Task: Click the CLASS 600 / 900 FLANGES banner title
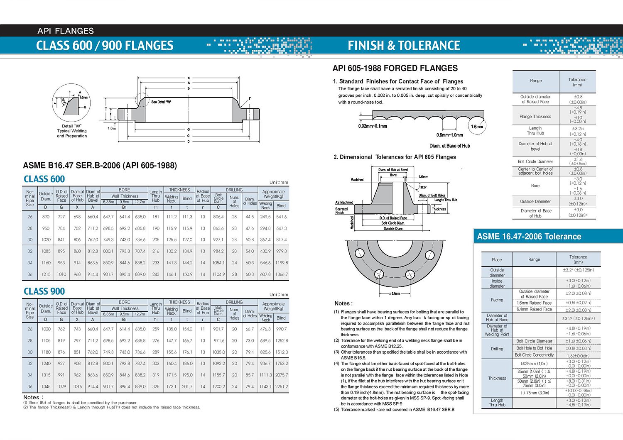[105, 45]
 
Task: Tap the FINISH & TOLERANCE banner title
[404, 45]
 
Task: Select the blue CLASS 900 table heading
[44, 291]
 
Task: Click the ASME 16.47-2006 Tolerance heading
[529, 237]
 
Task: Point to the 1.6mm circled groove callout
[477, 127]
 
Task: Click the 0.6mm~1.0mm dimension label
[449, 135]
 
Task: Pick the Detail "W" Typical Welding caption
[72, 131]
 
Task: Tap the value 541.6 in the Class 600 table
[281, 217]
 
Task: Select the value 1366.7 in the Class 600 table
[281, 274]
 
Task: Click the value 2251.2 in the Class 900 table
[281, 386]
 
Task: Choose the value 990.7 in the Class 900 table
[281, 329]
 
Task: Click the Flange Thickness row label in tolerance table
[535, 117]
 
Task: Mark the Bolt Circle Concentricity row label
[534, 355]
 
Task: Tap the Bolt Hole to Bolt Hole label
[534, 348]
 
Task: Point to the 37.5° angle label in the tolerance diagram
[423, 187]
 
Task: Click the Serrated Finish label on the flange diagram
[341, 210]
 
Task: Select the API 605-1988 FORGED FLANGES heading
[395, 68]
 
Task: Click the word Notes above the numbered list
[343, 303]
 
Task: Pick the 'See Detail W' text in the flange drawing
[161, 102]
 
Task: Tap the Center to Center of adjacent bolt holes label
[535, 171]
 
